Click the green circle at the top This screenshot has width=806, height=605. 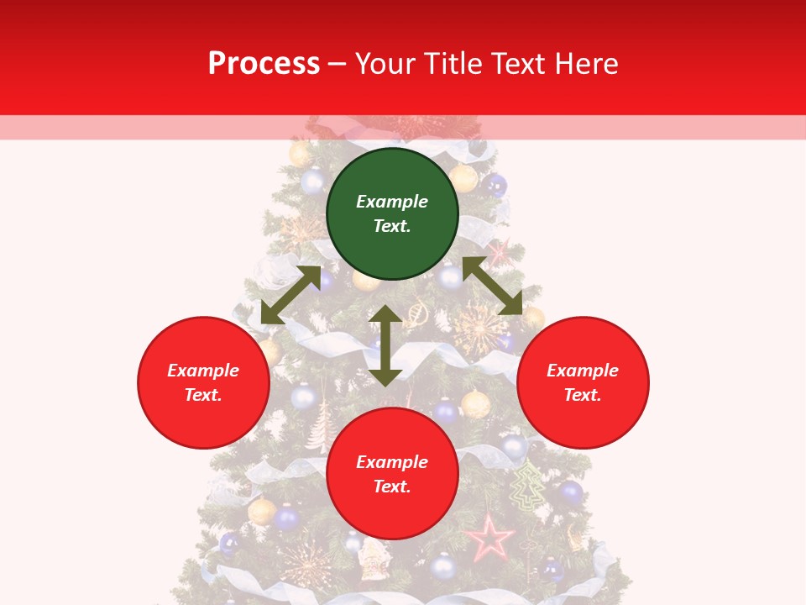point(392,213)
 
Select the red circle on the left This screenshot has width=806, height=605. point(203,382)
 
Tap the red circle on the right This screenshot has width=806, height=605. point(583,382)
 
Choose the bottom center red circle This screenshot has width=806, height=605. point(392,474)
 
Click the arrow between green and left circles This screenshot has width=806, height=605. point(290,295)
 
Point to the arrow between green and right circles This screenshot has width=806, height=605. point(492,286)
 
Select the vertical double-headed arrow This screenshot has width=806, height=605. point(385,345)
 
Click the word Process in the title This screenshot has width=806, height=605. point(264,63)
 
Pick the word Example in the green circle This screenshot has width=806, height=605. point(392,202)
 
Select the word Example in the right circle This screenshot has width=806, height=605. point(583,371)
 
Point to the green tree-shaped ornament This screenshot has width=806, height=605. point(528,486)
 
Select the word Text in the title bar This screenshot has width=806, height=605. point(519,63)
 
